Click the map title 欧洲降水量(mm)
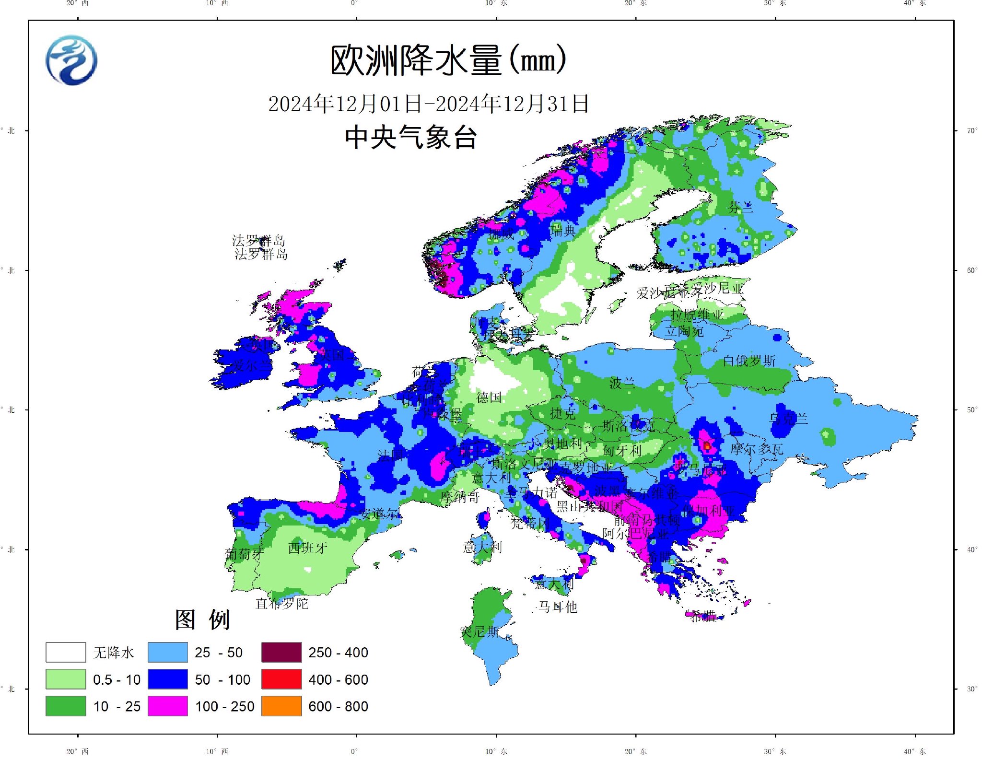(x=448, y=60)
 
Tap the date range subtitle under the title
(x=428, y=104)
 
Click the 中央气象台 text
(x=411, y=137)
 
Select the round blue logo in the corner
(x=71, y=60)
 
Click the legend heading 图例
(x=202, y=619)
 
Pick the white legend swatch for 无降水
(x=66, y=652)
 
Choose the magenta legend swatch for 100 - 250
(x=167, y=706)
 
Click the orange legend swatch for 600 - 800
(x=281, y=706)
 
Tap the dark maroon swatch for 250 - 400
(x=281, y=652)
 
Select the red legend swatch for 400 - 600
(x=281, y=679)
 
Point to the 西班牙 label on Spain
(x=308, y=548)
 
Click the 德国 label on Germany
(x=489, y=397)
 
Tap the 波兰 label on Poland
(x=622, y=383)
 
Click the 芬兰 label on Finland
(x=740, y=207)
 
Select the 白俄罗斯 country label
(x=749, y=361)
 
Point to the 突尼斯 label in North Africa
(x=479, y=631)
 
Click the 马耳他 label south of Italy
(x=558, y=607)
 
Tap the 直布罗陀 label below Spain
(x=282, y=603)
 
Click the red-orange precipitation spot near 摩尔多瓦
(x=707, y=446)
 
